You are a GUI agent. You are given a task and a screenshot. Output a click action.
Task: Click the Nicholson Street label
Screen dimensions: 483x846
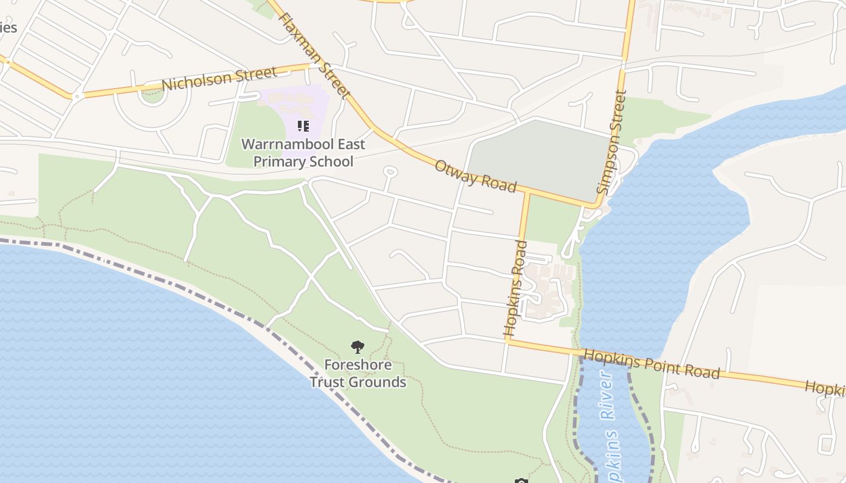(220, 78)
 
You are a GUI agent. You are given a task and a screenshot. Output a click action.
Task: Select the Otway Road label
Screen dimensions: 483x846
(476, 176)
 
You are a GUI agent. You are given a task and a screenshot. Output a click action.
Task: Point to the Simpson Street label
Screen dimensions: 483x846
(612, 142)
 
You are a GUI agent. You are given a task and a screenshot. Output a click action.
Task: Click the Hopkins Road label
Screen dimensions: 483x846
(516, 289)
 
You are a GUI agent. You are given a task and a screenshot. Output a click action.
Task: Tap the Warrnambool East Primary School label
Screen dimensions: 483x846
(303, 153)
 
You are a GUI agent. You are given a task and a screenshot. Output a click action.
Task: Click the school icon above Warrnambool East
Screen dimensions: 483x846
(303, 126)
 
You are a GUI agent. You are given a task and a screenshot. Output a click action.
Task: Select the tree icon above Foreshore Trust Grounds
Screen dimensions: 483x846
(358, 347)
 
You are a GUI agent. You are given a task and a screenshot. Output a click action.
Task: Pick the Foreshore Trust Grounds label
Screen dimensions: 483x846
(358, 374)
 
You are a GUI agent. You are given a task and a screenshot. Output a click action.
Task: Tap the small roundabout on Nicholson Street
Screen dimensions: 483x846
(77, 96)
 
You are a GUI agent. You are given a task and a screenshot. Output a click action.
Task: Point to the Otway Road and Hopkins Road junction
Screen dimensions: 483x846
(528, 193)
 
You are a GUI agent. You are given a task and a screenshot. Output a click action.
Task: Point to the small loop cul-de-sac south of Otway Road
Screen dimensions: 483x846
(390, 172)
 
